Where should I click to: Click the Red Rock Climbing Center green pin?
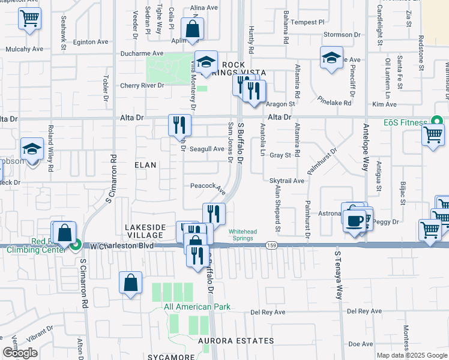point(76,245)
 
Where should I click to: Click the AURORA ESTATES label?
point(236,341)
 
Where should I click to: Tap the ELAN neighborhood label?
point(145,164)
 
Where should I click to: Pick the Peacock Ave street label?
point(208,187)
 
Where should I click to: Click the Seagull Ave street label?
point(206,149)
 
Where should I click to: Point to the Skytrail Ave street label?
point(287,181)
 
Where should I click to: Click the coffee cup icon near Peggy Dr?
point(354,220)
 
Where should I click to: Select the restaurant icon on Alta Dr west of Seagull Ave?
point(179,124)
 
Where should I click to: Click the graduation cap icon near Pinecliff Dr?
point(331,58)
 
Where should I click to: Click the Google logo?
point(20,353)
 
